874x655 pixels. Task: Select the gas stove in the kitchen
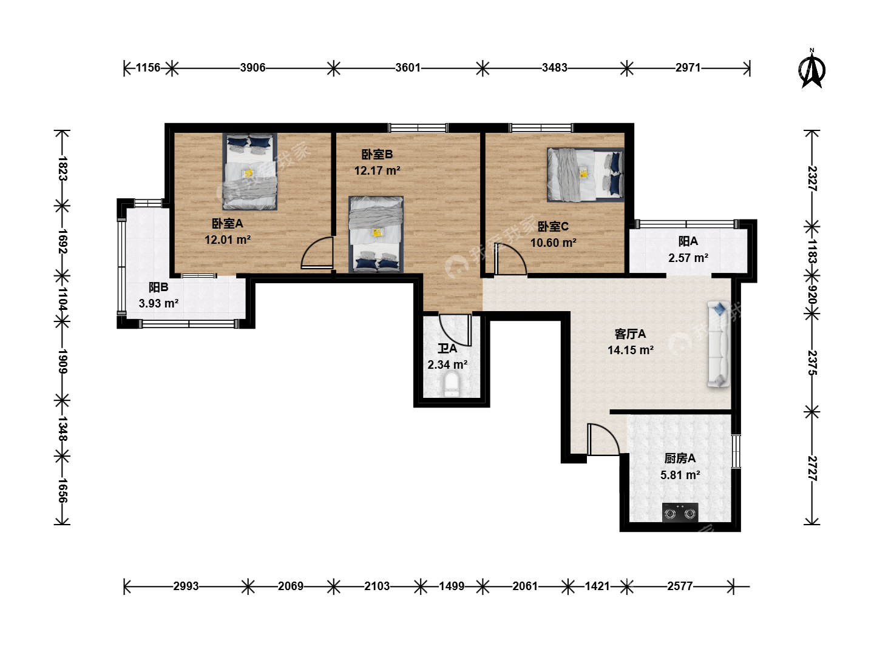pos(680,512)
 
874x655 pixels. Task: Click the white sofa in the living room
pos(718,344)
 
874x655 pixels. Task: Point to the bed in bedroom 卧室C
pos(585,175)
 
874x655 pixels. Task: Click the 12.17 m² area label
pos(377,170)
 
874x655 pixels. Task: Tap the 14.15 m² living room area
pos(631,350)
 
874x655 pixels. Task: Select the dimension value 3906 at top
pos(252,67)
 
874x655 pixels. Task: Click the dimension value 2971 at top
pos(688,67)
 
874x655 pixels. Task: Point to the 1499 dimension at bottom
pos(452,586)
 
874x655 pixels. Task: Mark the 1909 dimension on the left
pos(62,361)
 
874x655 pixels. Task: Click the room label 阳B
pos(158,287)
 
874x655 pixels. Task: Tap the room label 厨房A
pos(680,458)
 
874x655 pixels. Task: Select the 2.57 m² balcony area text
pos(688,258)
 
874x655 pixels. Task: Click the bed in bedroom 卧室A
pos(249,172)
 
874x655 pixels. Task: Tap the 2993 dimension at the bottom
pos(186,586)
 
